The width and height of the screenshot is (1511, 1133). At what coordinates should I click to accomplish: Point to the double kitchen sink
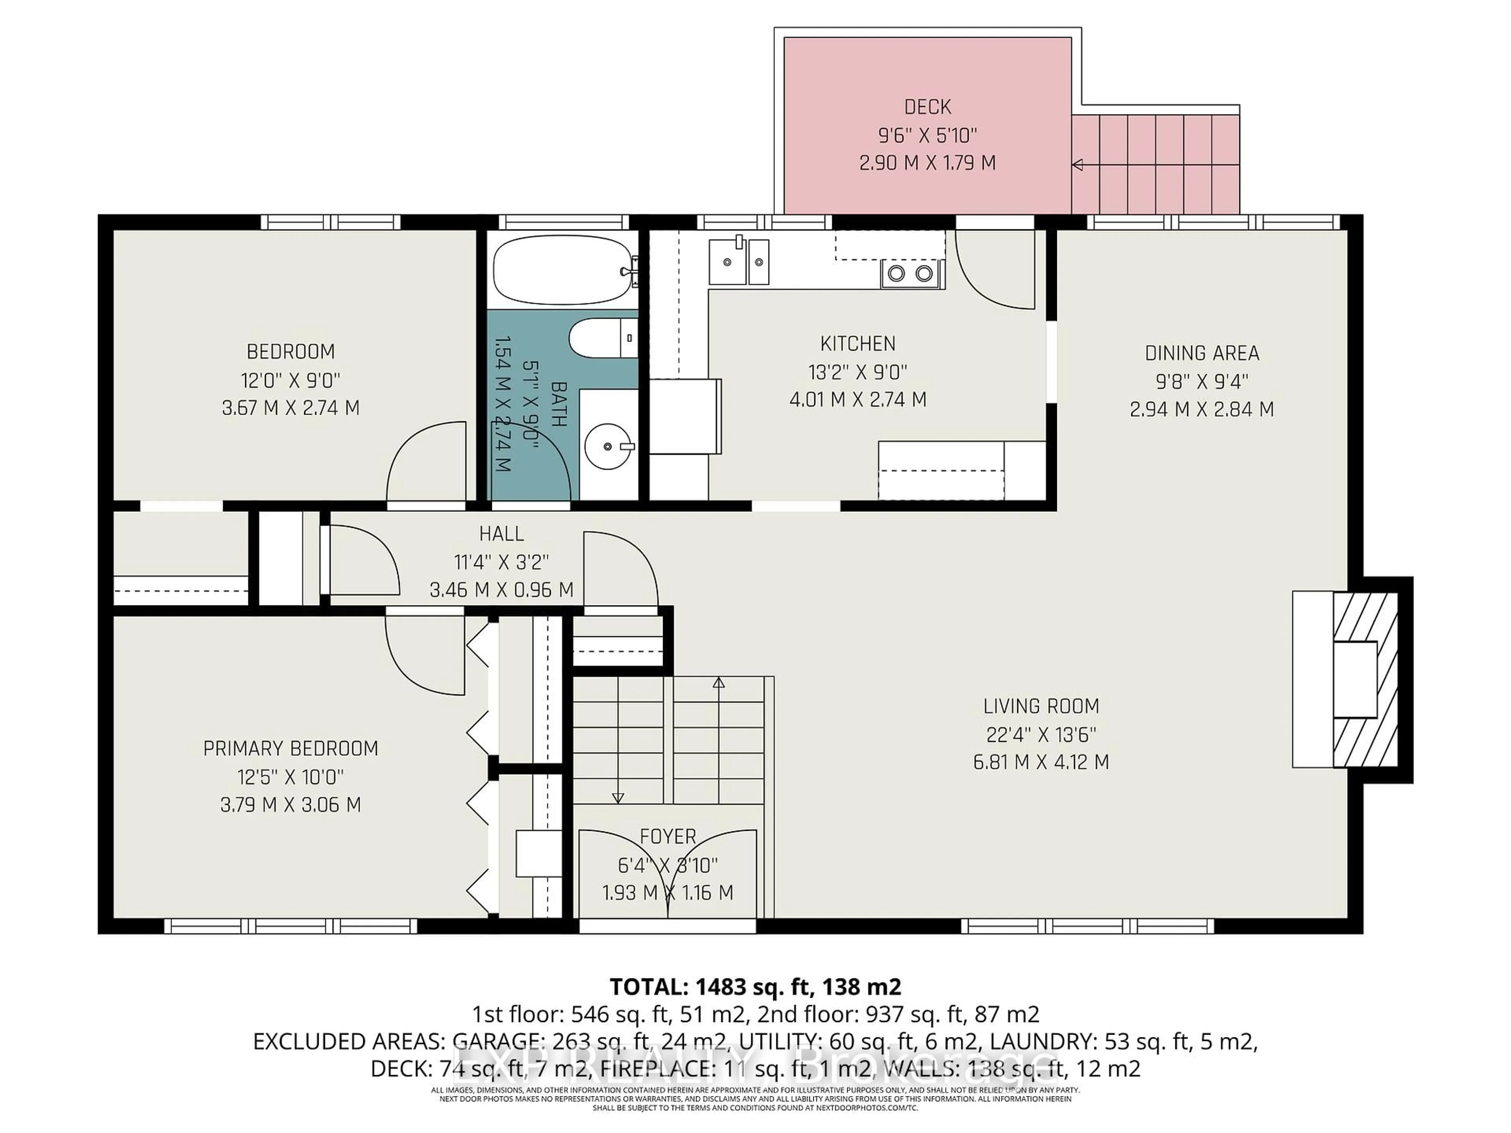click(x=739, y=262)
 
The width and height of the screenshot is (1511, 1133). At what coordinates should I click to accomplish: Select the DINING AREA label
click(x=1202, y=353)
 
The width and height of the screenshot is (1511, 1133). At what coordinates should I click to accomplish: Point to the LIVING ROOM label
click(x=1040, y=706)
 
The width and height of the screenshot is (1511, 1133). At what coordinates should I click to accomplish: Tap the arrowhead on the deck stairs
click(x=1078, y=164)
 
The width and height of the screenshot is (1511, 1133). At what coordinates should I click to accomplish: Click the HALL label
click(x=501, y=533)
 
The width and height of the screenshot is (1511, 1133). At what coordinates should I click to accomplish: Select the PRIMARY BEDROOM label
click(x=290, y=749)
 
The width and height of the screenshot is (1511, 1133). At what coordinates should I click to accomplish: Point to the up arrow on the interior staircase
click(x=719, y=682)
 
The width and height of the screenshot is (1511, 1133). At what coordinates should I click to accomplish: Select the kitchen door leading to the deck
click(x=995, y=270)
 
